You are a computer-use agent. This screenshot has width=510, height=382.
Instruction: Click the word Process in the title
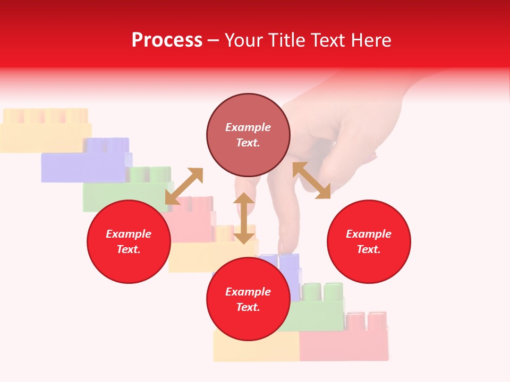point(167,40)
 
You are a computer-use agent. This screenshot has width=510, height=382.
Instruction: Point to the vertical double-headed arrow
point(244,218)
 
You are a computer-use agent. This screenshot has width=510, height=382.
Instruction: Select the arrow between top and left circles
point(184,186)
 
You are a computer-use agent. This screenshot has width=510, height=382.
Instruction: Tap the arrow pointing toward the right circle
point(312,180)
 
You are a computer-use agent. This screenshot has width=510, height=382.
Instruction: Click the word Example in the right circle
point(369,234)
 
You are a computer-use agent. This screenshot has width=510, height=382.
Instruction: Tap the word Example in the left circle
point(129,234)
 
